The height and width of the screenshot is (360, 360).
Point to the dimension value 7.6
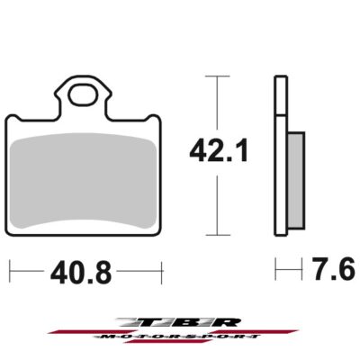333,268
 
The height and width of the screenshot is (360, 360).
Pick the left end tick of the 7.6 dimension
275,269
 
